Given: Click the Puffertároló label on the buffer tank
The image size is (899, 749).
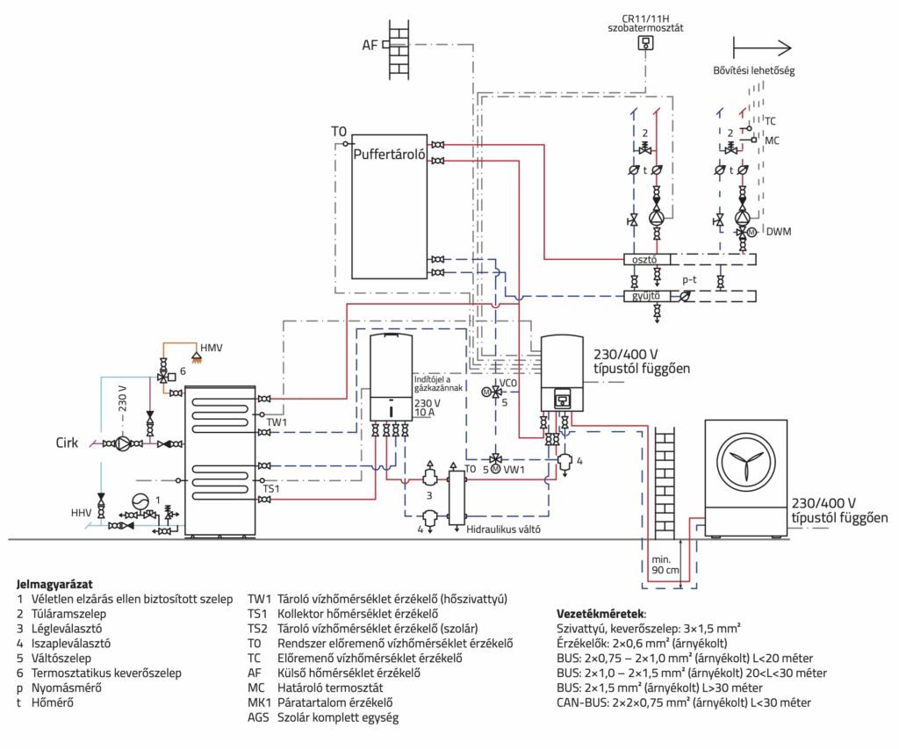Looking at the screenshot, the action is (389, 155).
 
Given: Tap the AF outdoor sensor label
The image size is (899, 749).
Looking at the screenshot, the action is (370, 45).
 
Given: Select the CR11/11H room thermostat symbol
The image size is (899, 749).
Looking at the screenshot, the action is (645, 42).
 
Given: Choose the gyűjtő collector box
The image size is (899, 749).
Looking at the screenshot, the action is (647, 296).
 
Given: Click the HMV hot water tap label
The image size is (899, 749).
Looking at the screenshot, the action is (211, 348).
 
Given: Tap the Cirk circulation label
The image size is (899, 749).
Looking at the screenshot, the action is (67, 443).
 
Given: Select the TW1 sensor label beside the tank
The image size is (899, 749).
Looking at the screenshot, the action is (277, 422).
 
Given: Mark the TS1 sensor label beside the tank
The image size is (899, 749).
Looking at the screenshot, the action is (271, 488).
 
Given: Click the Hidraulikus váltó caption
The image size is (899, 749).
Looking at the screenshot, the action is (503, 529).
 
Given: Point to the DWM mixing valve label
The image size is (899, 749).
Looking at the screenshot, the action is (779, 232).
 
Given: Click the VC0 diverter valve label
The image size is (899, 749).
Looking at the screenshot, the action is (508, 383).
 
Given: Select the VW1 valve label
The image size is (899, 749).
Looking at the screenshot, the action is (514, 470).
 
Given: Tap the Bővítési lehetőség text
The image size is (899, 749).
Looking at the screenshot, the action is (754, 70).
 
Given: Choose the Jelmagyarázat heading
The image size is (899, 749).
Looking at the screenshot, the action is (54, 585).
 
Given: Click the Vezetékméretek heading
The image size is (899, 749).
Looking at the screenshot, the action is (601, 614).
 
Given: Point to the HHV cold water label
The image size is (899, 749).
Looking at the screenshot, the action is (81, 513).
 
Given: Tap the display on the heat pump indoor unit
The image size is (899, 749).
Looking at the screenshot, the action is (563, 396).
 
